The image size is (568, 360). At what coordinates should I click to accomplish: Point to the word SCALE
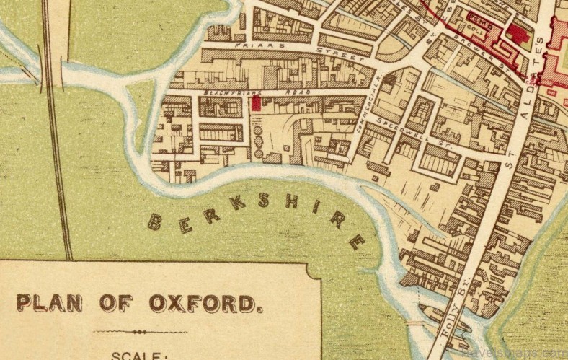(139, 355)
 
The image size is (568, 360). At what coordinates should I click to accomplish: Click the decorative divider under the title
(140, 332)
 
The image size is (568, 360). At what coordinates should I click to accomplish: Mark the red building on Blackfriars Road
(255, 104)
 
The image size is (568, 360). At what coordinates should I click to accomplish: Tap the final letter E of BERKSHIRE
(356, 242)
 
